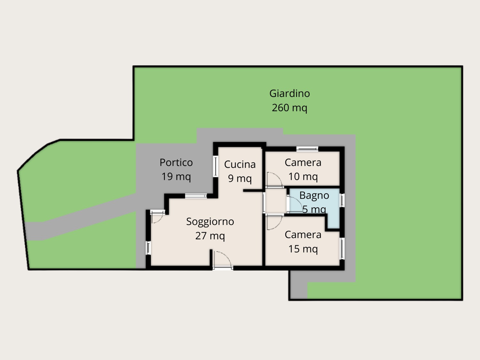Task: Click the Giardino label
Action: click(290, 93)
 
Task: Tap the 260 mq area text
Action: click(290, 108)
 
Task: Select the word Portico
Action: click(176, 163)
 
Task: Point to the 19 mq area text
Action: click(176, 177)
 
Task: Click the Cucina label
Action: click(240, 164)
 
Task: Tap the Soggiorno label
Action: click(210, 222)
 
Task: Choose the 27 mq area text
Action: click(210, 236)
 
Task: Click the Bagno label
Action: click(314, 196)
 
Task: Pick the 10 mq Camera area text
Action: click(303, 177)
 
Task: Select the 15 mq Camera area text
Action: click(303, 249)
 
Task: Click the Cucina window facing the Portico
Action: click(216, 166)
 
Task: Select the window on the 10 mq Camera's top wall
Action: click(307, 149)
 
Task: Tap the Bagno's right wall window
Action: click(342, 200)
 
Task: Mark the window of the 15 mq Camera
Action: click(342, 249)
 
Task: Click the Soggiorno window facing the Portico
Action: click(196, 196)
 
